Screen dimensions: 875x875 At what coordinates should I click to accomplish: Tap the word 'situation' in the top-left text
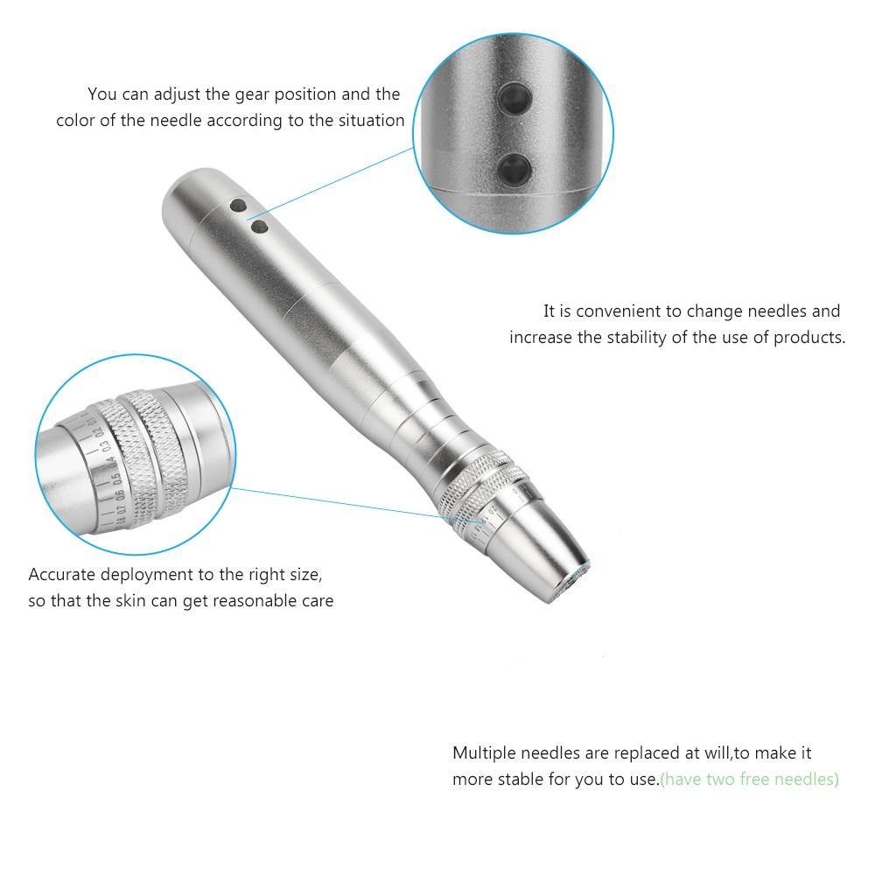pyautogui.click(x=369, y=120)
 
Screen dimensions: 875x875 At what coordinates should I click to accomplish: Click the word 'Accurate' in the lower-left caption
pyautogui.click(x=61, y=574)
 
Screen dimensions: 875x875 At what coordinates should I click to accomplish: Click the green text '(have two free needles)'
pyautogui.click(x=750, y=779)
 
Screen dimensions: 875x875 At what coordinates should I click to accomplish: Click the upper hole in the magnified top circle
pyautogui.click(x=514, y=98)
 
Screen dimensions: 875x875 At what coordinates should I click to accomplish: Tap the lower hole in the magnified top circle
pyautogui.click(x=514, y=169)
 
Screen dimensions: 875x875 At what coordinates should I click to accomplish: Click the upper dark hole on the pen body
pyautogui.click(x=238, y=206)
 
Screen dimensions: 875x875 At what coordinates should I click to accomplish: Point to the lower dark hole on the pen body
pyautogui.click(x=260, y=227)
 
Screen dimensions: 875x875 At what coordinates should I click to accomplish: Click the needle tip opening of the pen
pyautogui.click(x=573, y=584)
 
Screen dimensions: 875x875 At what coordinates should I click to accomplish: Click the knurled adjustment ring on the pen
pyautogui.click(x=479, y=486)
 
